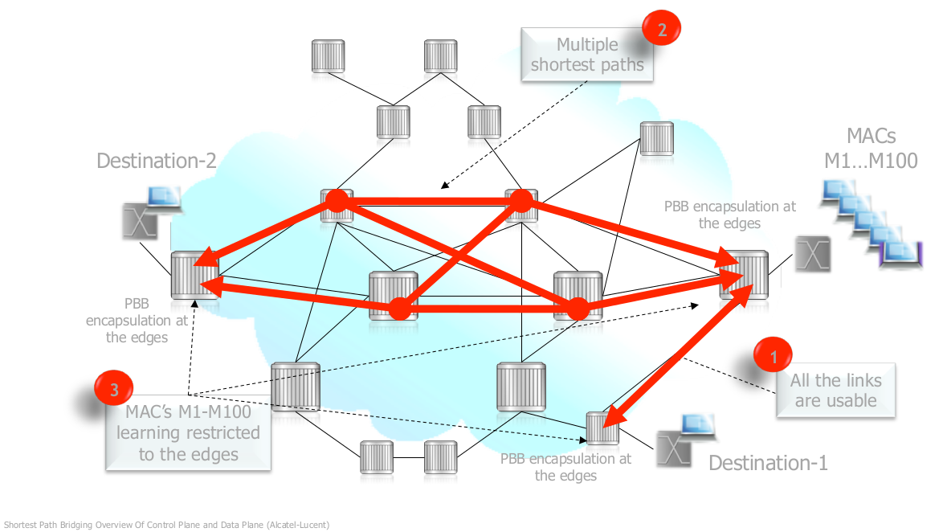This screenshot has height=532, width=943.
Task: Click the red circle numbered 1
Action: tap(773, 355)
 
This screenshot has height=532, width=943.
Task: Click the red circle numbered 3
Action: tap(113, 390)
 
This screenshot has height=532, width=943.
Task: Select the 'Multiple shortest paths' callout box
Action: tap(587, 55)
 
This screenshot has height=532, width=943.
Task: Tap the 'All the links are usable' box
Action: tap(835, 391)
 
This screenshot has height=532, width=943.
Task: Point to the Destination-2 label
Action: tap(156, 161)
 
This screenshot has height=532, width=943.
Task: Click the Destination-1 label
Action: tap(767, 463)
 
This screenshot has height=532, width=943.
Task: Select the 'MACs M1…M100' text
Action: tap(871, 148)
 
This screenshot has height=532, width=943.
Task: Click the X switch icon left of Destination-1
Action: tap(675, 449)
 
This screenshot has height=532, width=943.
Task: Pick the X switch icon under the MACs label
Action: tap(811, 255)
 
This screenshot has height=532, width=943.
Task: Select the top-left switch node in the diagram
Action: tap(329, 55)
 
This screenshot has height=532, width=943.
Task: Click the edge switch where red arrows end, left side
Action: tap(193, 276)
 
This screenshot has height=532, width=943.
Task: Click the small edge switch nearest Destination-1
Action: tap(602, 428)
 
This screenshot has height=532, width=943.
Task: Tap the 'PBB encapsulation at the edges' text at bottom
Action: tap(565, 467)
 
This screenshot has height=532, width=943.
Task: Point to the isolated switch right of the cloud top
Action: tap(656, 138)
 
